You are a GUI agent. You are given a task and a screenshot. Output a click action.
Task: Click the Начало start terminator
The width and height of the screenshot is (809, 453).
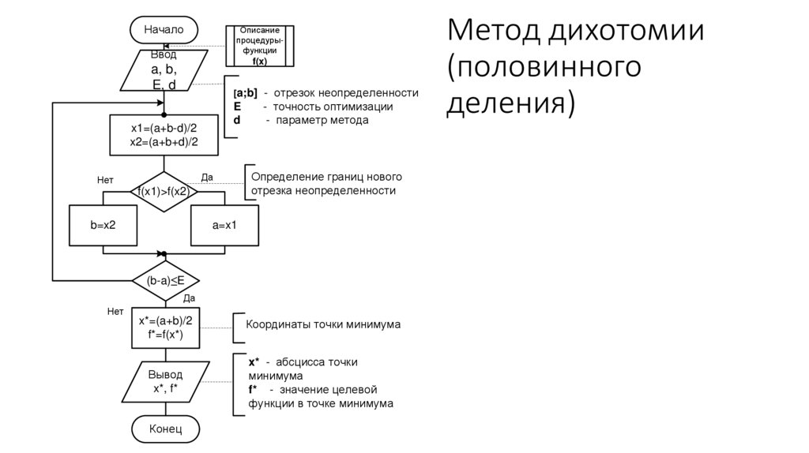tap(164, 29)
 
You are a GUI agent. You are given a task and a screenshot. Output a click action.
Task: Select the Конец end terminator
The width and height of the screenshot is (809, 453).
tap(165, 429)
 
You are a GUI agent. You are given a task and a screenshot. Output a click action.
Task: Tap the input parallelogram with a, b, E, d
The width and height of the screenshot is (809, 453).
tap(164, 70)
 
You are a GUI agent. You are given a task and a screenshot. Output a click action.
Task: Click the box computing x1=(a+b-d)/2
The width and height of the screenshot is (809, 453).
tap(164, 135)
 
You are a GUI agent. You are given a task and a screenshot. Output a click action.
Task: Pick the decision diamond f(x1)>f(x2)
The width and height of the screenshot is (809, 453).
tap(164, 191)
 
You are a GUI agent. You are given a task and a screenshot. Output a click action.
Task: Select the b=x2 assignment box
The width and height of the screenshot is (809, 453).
tap(103, 226)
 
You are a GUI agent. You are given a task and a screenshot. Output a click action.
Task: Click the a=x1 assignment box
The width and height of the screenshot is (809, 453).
tap(224, 226)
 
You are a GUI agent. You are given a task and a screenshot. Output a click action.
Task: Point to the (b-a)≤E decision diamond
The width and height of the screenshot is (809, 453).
tap(164, 280)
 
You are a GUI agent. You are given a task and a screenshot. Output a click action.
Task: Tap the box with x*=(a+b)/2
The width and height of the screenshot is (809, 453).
tap(165, 327)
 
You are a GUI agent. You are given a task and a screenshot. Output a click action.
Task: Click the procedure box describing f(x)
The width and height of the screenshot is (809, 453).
tap(259, 45)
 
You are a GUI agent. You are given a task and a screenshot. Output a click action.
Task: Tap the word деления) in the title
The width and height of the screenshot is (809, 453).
tap(510, 103)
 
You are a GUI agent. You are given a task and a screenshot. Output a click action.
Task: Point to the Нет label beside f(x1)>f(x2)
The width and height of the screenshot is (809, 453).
tap(106, 181)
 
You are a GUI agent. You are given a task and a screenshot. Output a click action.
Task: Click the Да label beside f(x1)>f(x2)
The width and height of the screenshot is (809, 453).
tap(207, 178)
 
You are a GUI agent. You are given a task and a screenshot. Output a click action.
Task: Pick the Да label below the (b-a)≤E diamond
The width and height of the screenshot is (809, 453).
tap(189, 298)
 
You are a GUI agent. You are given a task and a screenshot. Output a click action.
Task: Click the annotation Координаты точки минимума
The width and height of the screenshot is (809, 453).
tap(323, 324)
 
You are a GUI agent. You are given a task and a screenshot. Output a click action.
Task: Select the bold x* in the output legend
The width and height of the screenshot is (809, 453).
tap(254, 361)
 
